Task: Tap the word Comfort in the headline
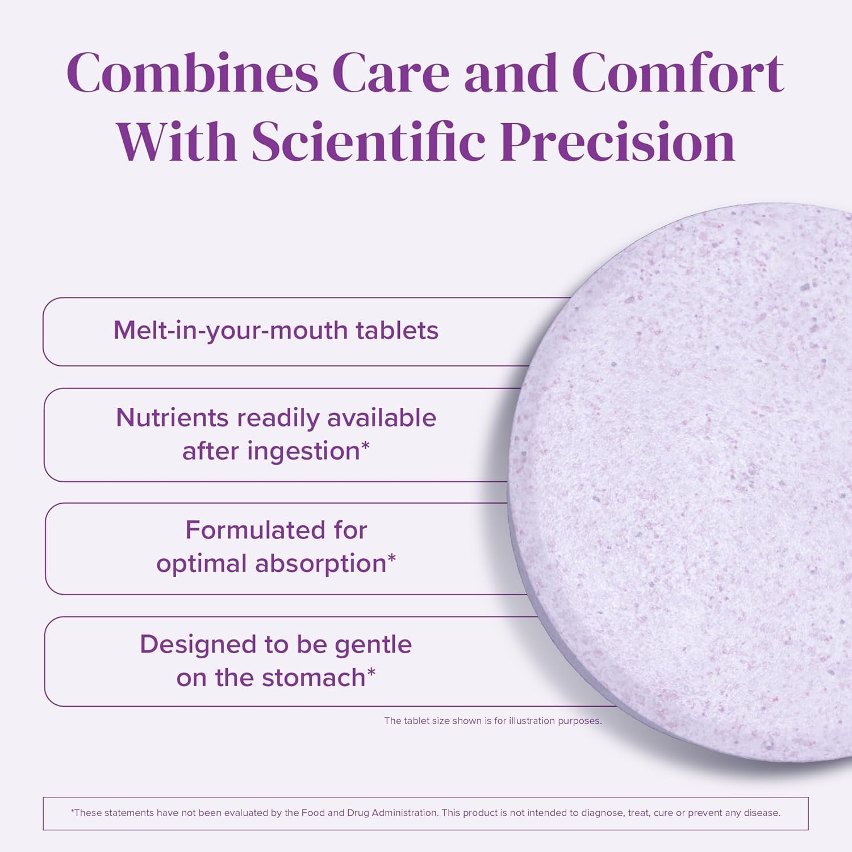(678, 73)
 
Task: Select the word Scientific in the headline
(368, 142)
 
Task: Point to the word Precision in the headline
(617, 142)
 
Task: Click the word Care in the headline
(390, 73)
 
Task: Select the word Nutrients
(172, 417)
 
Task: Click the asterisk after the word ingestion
(365, 446)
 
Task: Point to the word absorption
(320, 563)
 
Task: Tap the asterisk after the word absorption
(391, 559)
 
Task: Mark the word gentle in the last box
(373, 645)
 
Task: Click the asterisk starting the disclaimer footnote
(72, 811)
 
